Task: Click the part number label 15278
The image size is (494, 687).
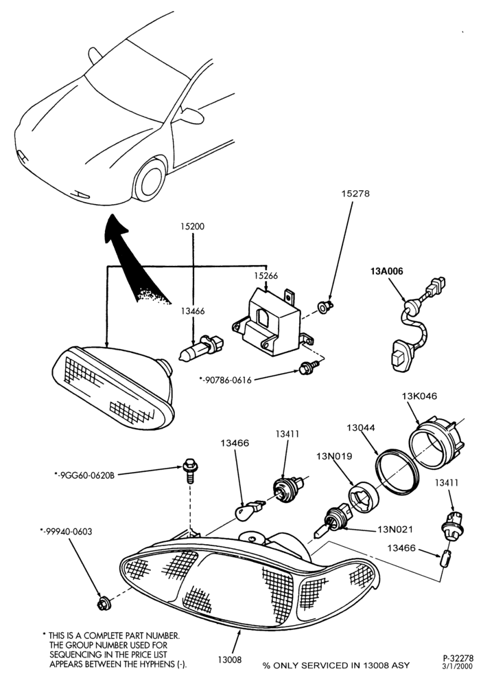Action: point(355,193)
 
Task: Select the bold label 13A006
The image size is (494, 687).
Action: point(386,271)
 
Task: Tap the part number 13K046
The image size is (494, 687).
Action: point(419,396)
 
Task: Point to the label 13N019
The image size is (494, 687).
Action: point(335,456)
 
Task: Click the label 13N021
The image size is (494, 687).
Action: point(396,530)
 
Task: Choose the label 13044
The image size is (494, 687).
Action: point(361,427)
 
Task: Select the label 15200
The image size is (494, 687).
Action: point(193,227)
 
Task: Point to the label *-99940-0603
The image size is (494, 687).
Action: point(66,532)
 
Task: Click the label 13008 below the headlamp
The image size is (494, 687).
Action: point(229,660)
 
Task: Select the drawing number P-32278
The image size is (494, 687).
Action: point(458,658)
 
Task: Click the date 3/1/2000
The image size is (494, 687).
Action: point(458,667)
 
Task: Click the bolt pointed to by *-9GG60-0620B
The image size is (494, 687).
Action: point(189,470)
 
